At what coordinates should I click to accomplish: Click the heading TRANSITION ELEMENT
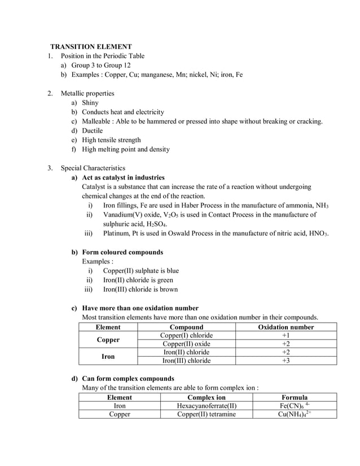(x=91, y=46)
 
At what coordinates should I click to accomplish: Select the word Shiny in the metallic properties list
(x=90, y=103)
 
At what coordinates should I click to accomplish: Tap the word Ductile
(x=93, y=130)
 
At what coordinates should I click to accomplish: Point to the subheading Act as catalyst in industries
(x=124, y=177)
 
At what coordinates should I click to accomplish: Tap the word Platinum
(x=117, y=233)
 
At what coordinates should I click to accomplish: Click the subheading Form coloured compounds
(x=122, y=252)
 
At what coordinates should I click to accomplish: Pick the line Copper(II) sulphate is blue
(x=141, y=270)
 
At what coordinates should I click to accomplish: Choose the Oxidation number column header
(x=286, y=327)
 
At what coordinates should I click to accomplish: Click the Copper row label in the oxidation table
(x=108, y=340)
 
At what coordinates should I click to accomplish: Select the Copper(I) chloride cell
(x=186, y=336)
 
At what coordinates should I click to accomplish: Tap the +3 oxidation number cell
(x=286, y=361)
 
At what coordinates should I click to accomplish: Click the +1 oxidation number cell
(x=286, y=336)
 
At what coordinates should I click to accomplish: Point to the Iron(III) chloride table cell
(x=186, y=361)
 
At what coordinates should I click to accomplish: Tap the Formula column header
(x=294, y=397)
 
